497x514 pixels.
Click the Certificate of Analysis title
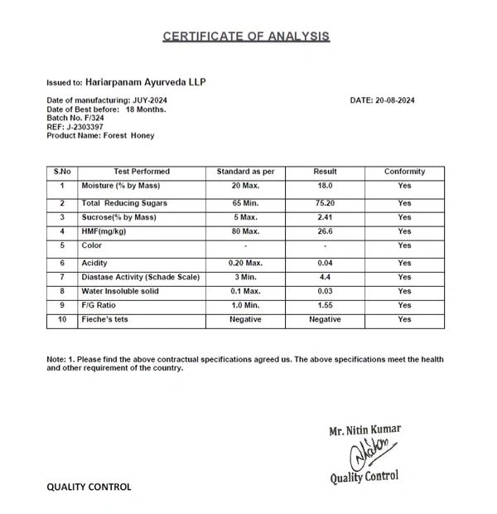(246, 36)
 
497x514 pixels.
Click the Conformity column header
(404, 172)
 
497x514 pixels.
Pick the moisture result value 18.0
(325, 186)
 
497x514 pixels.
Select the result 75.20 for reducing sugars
(325, 203)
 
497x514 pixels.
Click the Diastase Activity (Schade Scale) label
(141, 276)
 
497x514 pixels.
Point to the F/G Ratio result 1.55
(325, 306)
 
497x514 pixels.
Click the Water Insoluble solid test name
(131, 291)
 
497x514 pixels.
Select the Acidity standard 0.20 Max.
(245, 262)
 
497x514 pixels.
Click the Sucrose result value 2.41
(325, 217)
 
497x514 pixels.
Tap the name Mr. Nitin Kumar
(364, 429)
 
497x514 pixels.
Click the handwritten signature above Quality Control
(363, 453)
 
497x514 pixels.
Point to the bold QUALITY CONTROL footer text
(89, 487)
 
